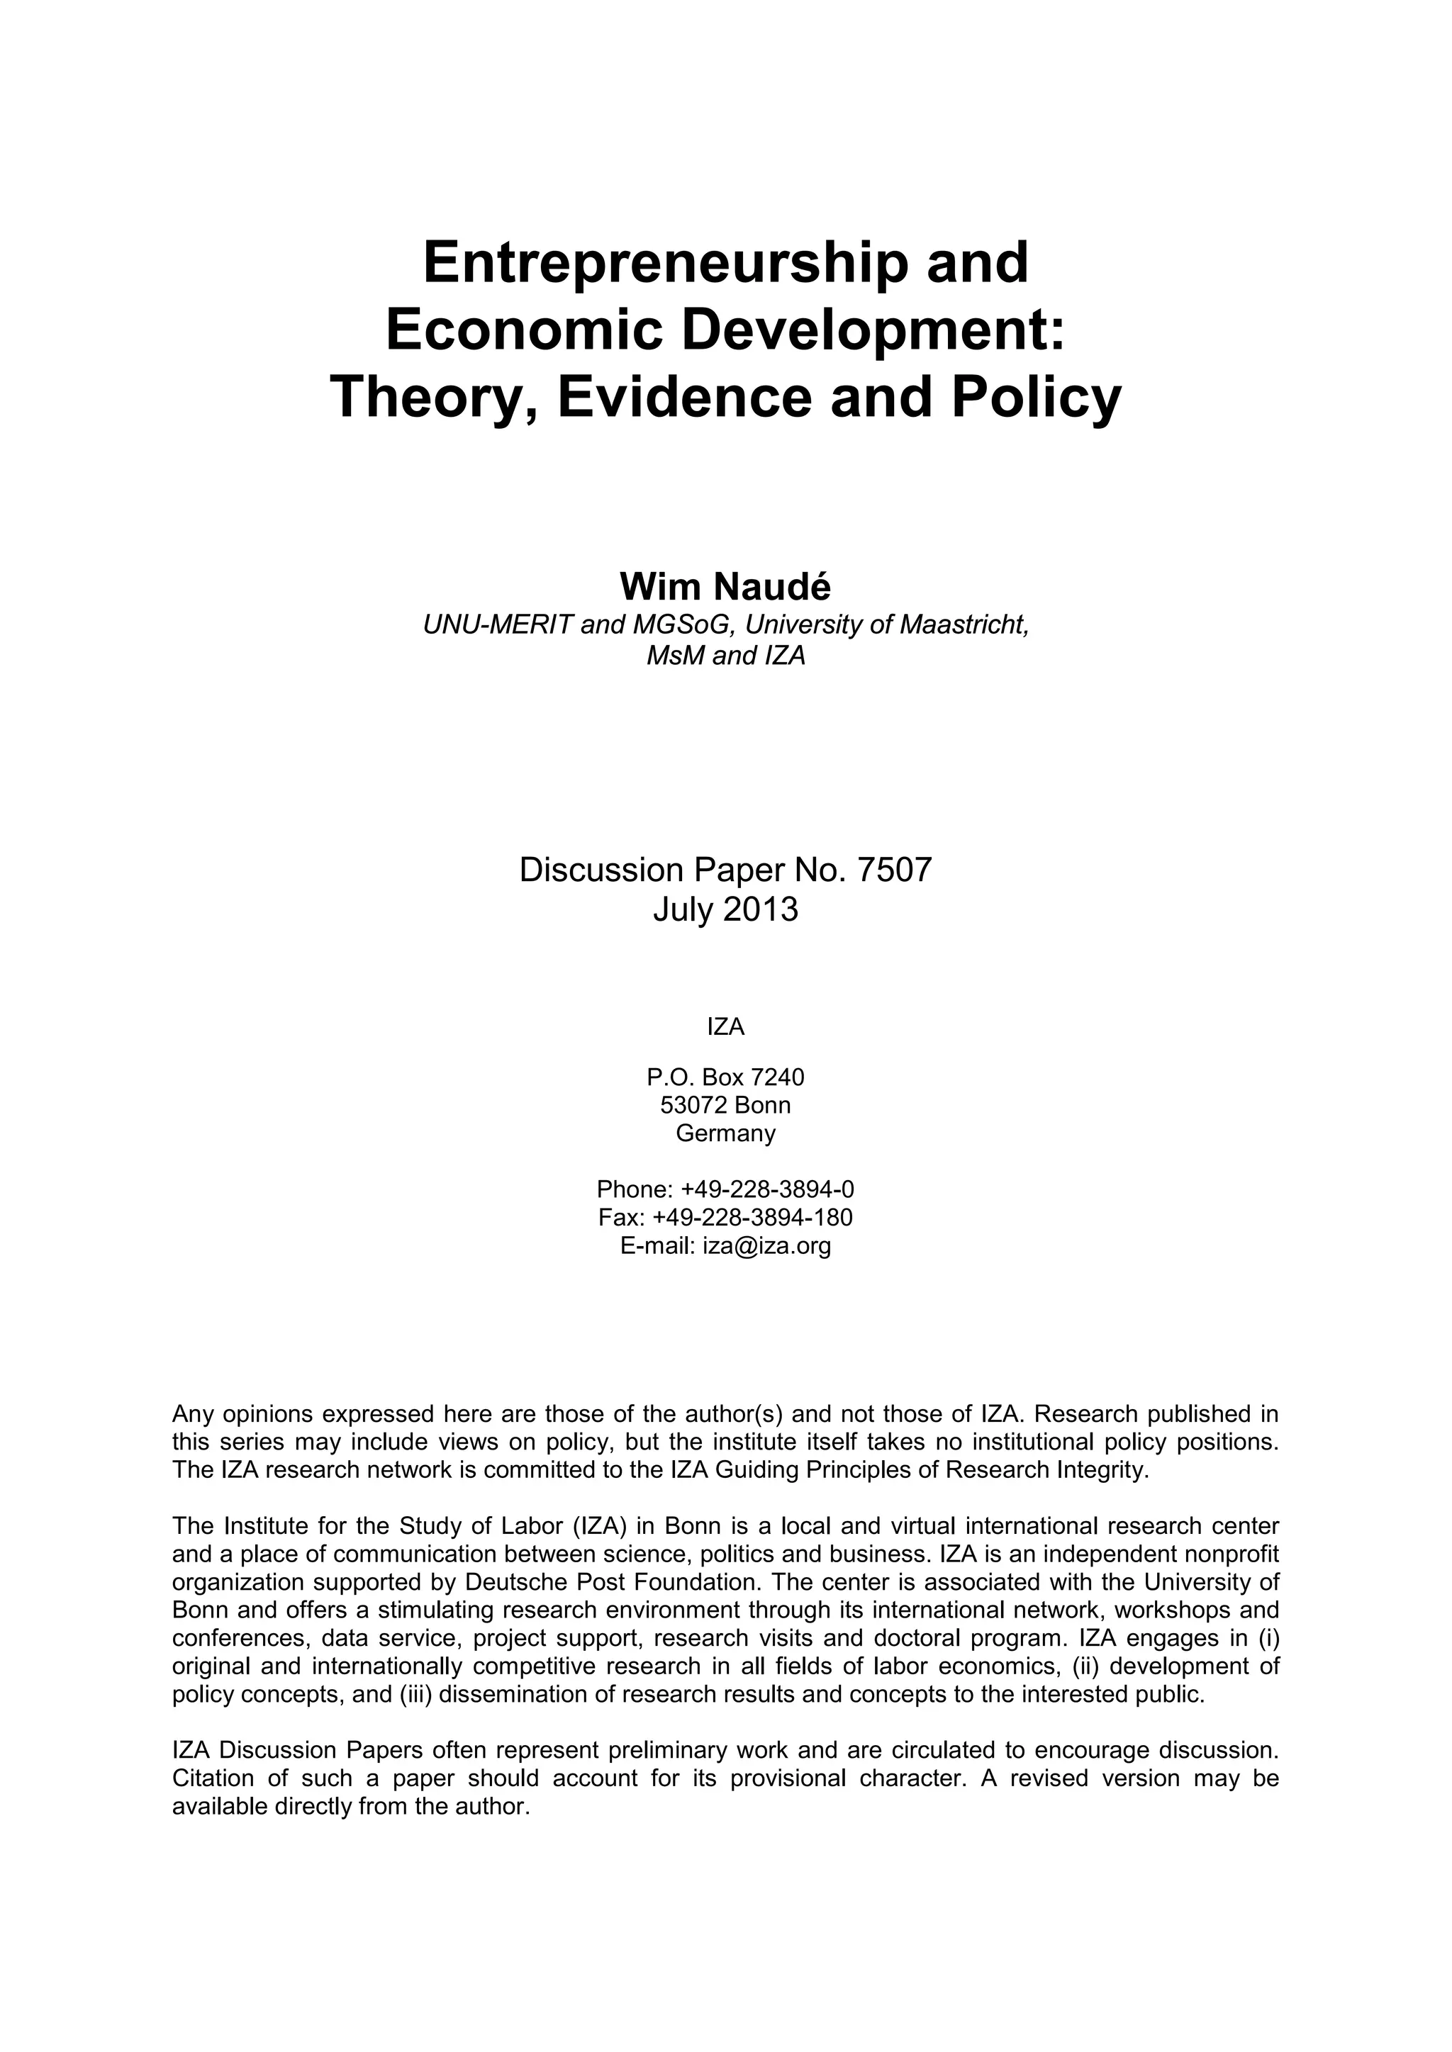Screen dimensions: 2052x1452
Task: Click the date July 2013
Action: (x=725, y=910)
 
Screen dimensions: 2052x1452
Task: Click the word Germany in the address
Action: (x=725, y=1133)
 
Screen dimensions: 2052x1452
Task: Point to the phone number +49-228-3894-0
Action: (x=767, y=1189)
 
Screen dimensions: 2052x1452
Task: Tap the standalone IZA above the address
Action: (x=725, y=1027)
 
